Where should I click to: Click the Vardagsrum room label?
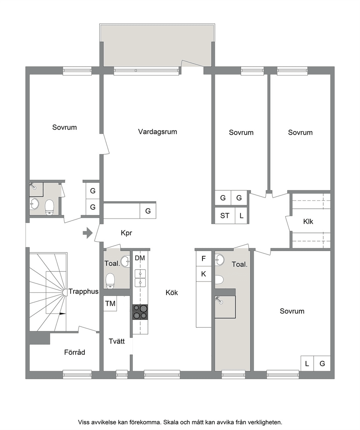pos(157,132)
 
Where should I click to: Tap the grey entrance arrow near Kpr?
pos(87,233)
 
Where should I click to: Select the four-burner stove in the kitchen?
pos(140,312)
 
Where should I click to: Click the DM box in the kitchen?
pos(140,258)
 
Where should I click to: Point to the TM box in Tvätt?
pos(110,303)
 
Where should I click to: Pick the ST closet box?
pos(225,216)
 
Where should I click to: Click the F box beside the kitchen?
pos(204,258)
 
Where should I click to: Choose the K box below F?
pos(204,274)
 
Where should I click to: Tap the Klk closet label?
pos(308,221)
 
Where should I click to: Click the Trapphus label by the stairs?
pos(83,291)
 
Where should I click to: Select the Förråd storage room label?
pos(75,352)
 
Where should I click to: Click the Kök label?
pos(172,293)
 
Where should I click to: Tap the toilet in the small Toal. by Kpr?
pos(110,281)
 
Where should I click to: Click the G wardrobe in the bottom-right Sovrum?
pos(322,363)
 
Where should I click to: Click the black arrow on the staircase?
pos(63,313)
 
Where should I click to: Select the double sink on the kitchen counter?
pos(140,278)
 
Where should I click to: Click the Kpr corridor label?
pos(126,233)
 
